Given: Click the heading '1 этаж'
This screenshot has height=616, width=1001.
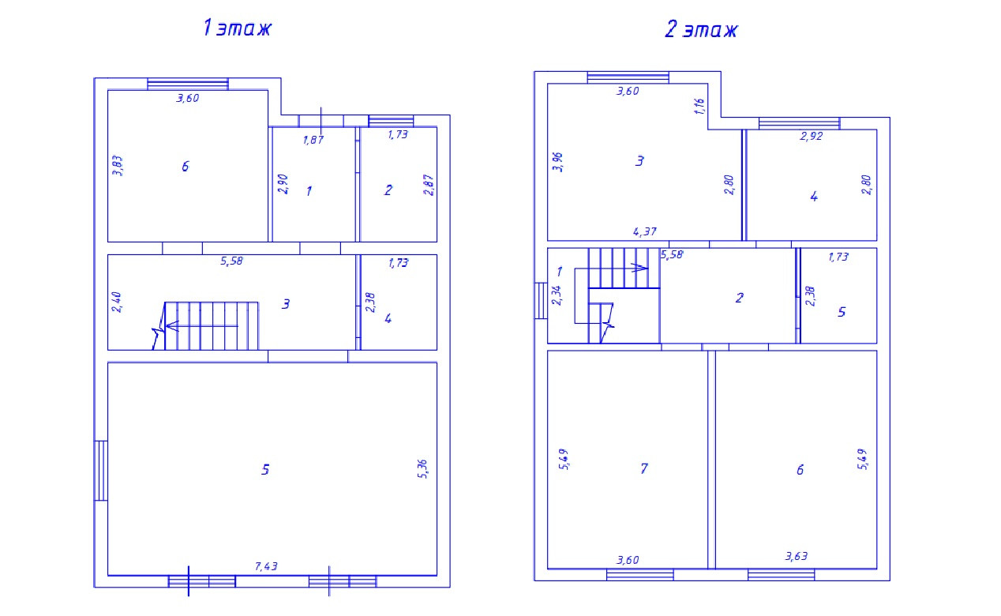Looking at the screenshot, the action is point(237,28).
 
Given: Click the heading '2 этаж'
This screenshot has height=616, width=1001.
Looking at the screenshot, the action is point(701,29).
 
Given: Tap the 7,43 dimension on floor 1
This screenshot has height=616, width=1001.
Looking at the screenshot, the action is point(266,566).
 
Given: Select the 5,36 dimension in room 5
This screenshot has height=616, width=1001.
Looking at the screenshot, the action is point(422,469).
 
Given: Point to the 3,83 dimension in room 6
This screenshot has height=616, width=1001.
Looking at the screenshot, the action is point(118,165).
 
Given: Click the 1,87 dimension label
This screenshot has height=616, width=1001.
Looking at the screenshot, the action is point(313,140).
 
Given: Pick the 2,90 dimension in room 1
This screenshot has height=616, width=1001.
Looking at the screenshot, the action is point(283,184).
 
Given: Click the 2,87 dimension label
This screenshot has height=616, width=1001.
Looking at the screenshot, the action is point(429,185).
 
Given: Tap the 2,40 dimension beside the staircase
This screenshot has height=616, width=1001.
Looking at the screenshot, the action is point(116,302).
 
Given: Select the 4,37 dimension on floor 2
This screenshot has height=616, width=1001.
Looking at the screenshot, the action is point(644,231).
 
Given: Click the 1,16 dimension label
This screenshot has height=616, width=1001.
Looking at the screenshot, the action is point(699,106).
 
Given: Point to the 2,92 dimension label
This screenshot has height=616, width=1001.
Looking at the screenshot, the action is point(811,136).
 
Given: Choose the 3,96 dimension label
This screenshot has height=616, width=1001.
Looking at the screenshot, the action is point(557,162).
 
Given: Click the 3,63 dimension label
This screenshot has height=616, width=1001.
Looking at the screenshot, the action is point(797,556).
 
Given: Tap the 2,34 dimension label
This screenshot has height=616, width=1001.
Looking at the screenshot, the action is point(557,295).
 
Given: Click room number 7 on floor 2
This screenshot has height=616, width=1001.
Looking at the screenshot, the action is point(643,468).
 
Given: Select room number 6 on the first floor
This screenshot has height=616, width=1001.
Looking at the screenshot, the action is point(185,167).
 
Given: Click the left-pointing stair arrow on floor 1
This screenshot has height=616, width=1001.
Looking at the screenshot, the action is point(202,326).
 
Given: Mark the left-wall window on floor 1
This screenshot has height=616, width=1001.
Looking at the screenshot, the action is point(101,470).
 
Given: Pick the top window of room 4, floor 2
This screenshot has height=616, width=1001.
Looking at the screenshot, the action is point(799,123).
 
